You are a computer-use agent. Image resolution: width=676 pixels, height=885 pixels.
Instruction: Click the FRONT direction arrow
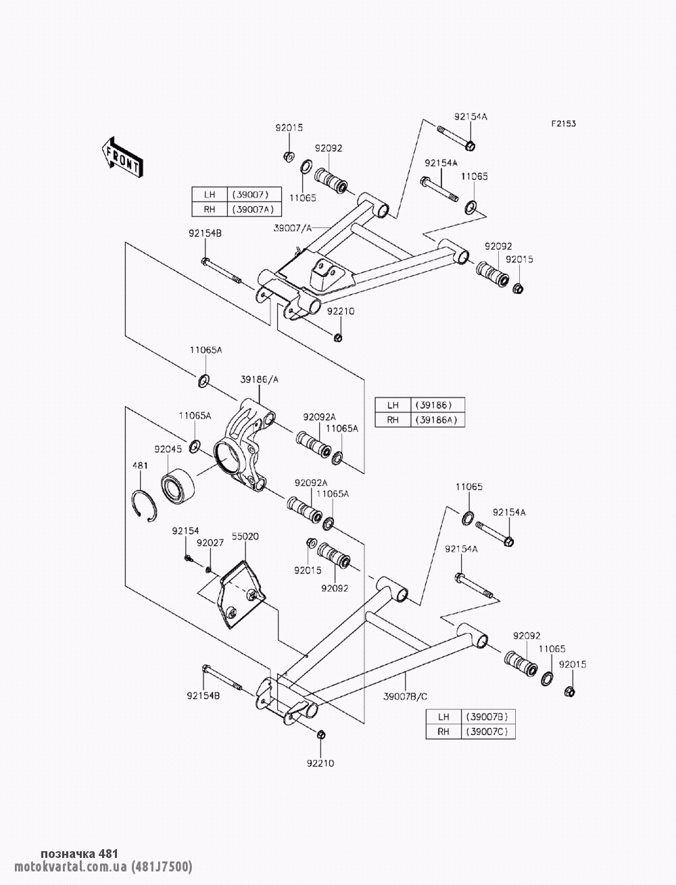click(122, 157)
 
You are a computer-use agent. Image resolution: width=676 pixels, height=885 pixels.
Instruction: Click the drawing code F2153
click(563, 124)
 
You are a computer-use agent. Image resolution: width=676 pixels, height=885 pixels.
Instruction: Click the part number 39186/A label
click(259, 381)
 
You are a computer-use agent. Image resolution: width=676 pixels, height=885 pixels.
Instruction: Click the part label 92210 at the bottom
click(320, 763)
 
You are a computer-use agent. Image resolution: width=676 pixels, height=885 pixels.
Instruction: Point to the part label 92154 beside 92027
click(183, 531)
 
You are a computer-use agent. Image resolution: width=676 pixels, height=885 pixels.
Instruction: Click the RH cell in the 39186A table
click(393, 420)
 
